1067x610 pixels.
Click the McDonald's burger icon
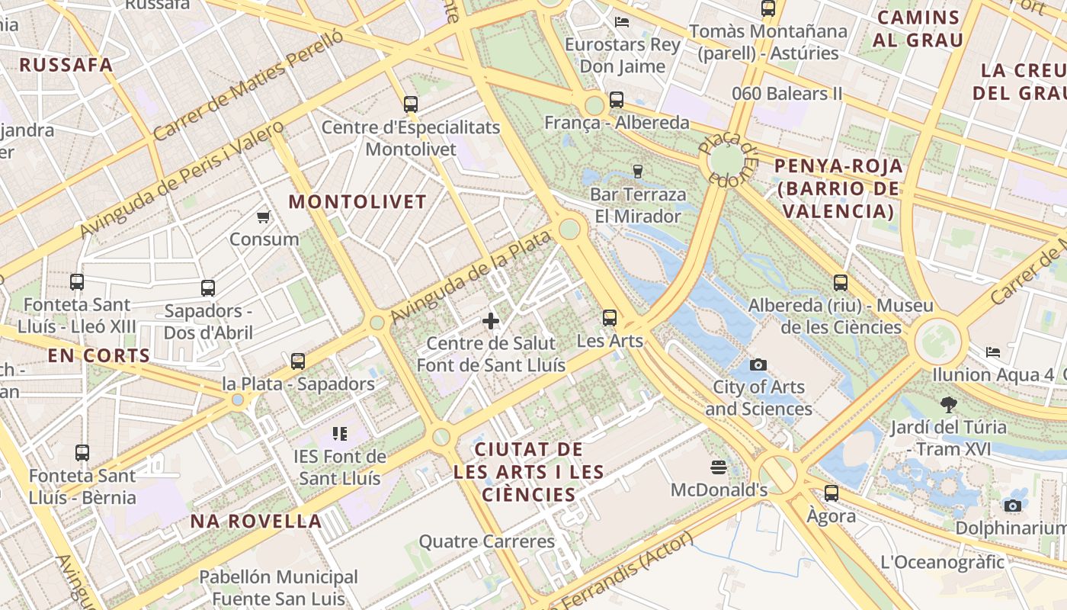(x=718, y=467)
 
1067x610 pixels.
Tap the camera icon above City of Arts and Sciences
(x=758, y=364)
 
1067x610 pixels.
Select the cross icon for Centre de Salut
(x=491, y=321)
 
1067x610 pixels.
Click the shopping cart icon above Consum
(x=264, y=217)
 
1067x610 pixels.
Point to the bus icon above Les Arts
(x=610, y=318)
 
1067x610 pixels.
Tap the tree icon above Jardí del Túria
(x=949, y=405)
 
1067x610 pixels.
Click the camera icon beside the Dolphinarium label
(x=1012, y=506)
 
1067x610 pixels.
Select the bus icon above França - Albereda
(x=617, y=100)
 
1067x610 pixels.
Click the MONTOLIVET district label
(x=357, y=202)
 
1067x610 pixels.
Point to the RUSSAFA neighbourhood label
(x=66, y=65)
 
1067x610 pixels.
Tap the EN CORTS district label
(x=99, y=355)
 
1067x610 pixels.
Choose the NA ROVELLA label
(x=256, y=522)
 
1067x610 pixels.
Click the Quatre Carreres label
(x=487, y=542)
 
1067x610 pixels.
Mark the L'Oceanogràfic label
(x=943, y=563)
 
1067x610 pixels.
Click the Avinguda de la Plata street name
(x=470, y=277)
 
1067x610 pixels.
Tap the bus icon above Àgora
(x=831, y=493)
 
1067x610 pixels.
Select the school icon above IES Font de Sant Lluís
(x=340, y=434)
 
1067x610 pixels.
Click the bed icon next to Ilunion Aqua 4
(x=992, y=352)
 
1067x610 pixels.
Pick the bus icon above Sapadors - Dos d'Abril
(x=208, y=288)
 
